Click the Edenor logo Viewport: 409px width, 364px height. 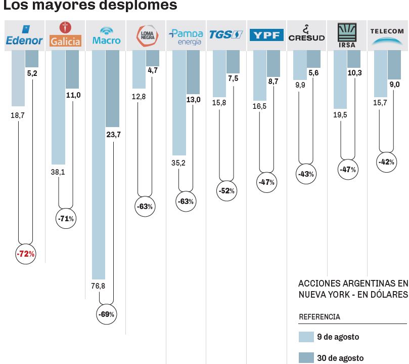[24, 35]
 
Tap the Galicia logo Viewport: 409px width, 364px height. [65, 35]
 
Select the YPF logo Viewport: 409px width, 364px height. [266, 35]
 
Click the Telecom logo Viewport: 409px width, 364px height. [387, 35]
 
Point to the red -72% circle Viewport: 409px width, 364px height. [25, 254]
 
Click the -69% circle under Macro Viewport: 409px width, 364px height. [106, 314]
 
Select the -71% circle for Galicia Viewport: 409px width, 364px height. [66, 219]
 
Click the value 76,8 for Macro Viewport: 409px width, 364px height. [98, 286]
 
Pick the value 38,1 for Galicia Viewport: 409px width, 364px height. [58, 172]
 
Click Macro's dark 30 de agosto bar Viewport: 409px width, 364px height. [112, 89]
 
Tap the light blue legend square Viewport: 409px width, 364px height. [306, 337]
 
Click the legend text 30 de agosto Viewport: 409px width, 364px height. [340, 358]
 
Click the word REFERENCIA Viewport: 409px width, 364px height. [320, 317]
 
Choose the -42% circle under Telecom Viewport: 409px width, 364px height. [387, 162]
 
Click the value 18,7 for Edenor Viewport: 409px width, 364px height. [18, 115]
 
